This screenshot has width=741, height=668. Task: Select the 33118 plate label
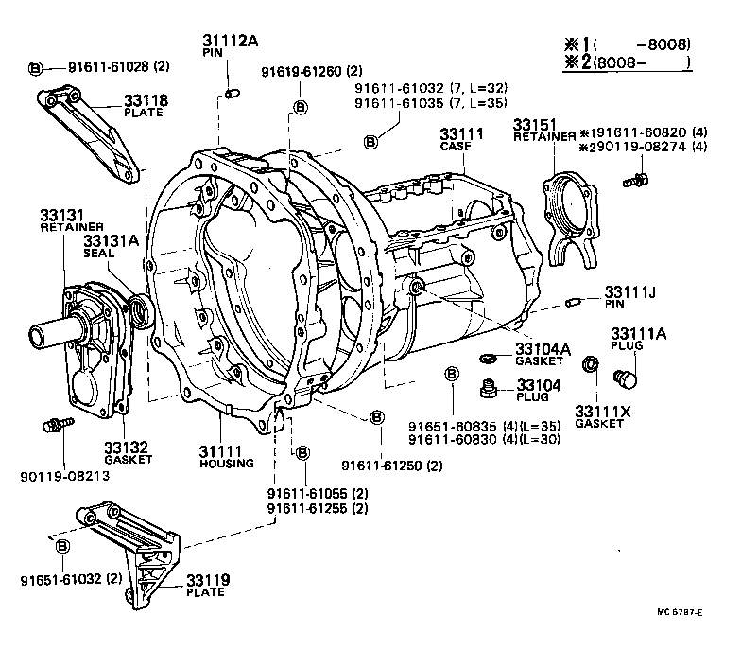tap(145, 99)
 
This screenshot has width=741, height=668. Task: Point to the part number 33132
tap(124, 447)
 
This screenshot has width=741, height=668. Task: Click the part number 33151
tap(535, 124)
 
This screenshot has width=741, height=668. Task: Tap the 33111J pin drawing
tap(572, 302)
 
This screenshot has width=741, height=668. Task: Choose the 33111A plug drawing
tap(625, 379)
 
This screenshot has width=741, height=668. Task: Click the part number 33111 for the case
tap(461, 135)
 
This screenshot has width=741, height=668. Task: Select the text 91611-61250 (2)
tap(392, 466)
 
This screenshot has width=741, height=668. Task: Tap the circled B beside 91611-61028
tap(36, 67)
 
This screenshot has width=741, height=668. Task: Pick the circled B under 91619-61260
tap(300, 107)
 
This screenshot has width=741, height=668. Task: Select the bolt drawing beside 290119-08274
tap(640, 178)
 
